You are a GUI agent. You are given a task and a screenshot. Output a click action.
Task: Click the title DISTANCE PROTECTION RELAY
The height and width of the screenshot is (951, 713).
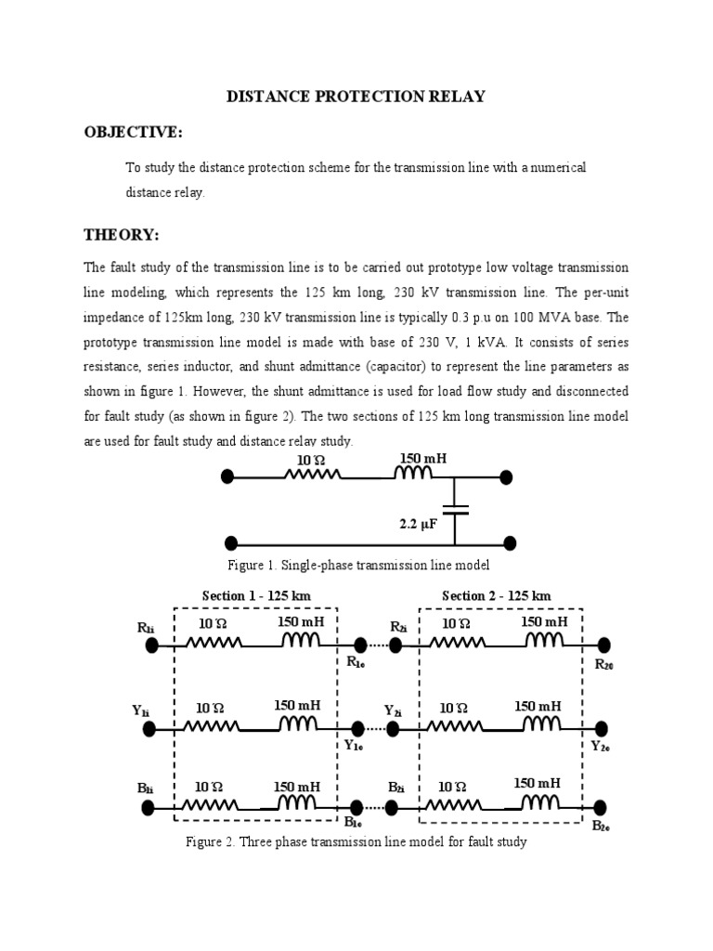tap(356, 97)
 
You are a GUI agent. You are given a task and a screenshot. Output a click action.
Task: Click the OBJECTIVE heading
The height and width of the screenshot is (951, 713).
tap(133, 132)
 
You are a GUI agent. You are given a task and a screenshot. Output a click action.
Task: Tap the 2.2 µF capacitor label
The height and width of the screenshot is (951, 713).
tap(418, 524)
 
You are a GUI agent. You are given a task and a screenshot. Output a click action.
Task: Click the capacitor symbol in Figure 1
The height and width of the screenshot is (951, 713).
tap(455, 509)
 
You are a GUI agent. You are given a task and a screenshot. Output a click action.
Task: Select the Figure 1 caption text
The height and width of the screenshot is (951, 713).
tap(357, 565)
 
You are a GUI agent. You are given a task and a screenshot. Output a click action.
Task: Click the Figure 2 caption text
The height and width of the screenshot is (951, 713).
tap(356, 842)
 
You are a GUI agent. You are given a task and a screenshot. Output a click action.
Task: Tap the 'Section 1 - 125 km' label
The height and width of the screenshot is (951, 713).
tap(256, 595)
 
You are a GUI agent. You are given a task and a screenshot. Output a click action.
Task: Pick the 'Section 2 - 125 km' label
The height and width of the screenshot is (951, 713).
tap(496, 595)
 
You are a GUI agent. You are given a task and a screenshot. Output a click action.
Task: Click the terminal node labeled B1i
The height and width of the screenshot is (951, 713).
tap(149, 808)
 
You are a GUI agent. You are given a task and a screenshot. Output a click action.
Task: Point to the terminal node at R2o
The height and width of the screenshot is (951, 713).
tap(604, 645)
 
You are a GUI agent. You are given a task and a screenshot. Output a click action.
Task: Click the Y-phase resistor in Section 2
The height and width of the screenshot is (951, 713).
tap(456, 728)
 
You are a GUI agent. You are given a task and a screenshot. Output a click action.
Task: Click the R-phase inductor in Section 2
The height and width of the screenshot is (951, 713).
tap(544, 642)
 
